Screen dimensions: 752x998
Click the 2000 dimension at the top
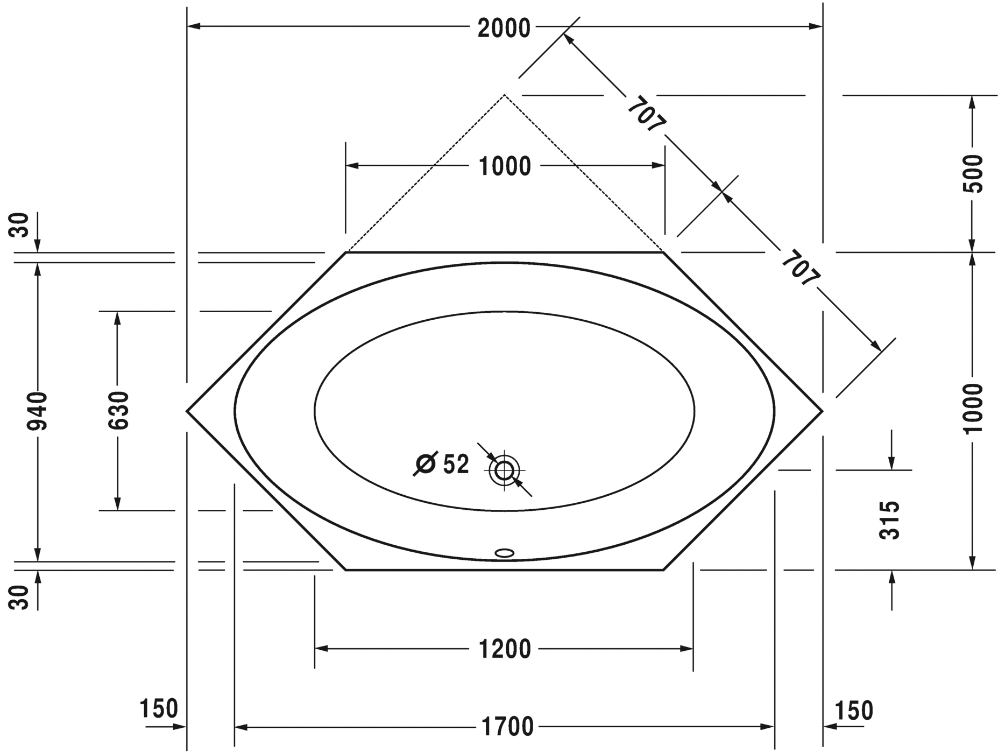coord(504,27)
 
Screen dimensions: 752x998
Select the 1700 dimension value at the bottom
coord(506,727)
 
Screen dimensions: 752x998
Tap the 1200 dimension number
coord(505,649)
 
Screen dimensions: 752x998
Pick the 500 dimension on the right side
coord(972,173)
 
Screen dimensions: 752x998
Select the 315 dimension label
coord(889,519)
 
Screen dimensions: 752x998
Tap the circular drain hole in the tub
coord(504,470)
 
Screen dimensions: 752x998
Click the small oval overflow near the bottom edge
coord(505,553)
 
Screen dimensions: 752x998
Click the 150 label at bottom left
coord(159,709)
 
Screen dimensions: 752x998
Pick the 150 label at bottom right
coord(854,711)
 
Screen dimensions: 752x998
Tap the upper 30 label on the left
coord(19,225)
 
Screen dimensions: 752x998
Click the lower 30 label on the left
coord(19,598)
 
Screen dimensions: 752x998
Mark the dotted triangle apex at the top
coord(504,95)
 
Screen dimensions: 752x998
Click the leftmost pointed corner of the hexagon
coord(187,411)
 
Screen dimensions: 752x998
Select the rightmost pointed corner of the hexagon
coord(822,411)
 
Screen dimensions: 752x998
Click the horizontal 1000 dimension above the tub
coord(505,166)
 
